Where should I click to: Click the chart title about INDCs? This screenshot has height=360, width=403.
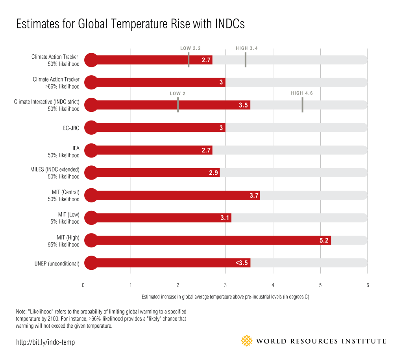pos(130,24)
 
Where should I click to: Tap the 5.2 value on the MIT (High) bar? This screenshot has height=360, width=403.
pos(324,240)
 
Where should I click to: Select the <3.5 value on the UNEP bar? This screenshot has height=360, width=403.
pos(241,263)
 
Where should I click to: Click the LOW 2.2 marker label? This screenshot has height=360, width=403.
pos(190,48)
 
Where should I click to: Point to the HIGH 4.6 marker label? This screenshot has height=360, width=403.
pos(302,93)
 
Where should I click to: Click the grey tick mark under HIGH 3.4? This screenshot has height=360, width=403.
pos(246,60)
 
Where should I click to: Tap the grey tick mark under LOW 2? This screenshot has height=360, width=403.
pos(178,105)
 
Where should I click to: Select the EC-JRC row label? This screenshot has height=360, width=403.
pos(71,128)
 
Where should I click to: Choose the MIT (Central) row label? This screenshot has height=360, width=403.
pos(65,192)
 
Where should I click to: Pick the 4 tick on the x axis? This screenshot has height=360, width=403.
pos(273,285)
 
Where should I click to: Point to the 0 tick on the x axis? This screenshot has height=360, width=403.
pos(83,285)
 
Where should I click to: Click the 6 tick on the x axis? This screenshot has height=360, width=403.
pos(368,285)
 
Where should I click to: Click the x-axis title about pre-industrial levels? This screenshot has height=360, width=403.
pos(225,297)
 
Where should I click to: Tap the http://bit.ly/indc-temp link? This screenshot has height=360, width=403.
pos(45,342)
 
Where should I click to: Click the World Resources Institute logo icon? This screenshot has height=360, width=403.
pos(246,341)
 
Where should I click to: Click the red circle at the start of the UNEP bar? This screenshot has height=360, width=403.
pos(91,263)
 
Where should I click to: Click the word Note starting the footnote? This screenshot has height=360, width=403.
pos(21,312)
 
